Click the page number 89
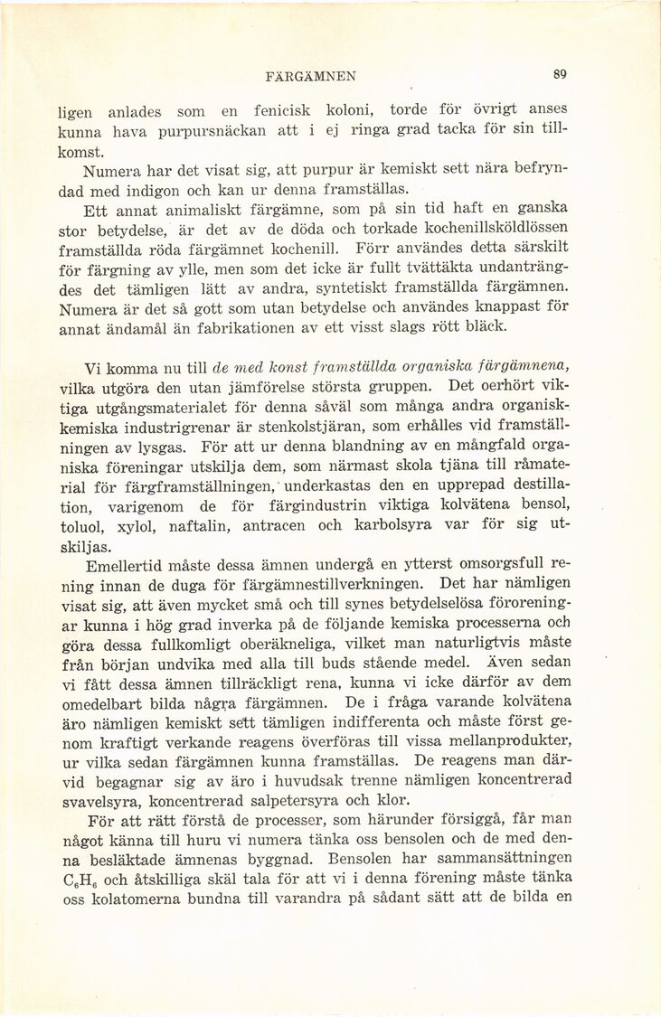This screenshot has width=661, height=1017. click(561, 75)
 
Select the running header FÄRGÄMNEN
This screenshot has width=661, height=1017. click(316, 76)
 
